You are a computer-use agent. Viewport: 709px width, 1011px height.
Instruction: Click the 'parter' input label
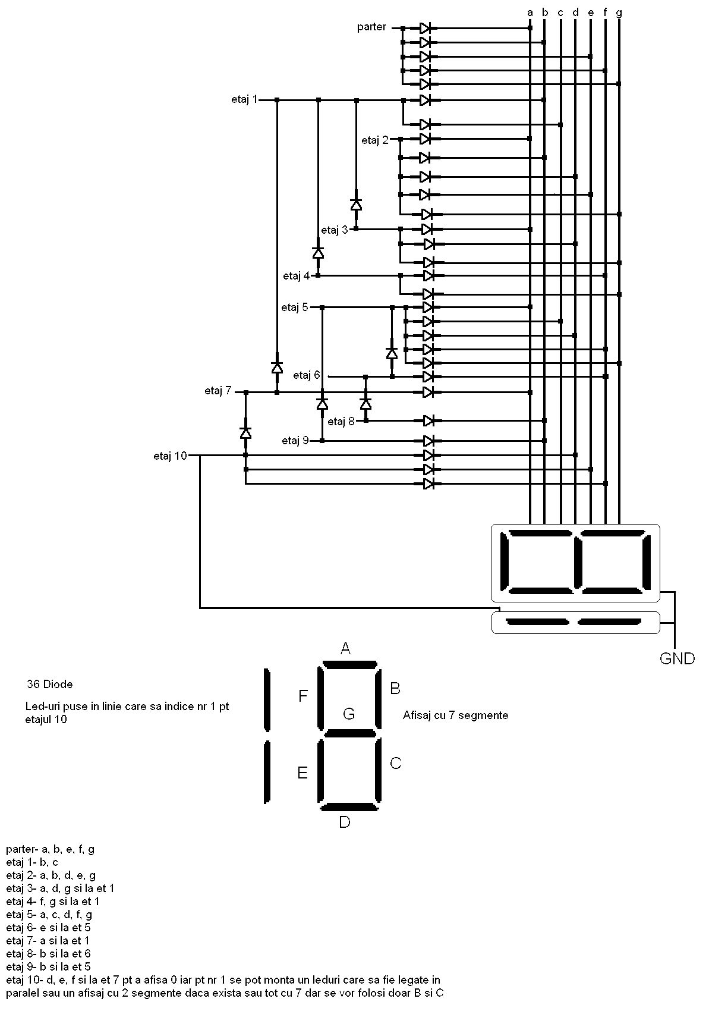tap(371, 27)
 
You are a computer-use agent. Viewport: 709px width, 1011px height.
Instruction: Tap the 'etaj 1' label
tap(244, 99)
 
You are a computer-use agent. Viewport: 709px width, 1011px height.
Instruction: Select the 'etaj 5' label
tap(295, 307)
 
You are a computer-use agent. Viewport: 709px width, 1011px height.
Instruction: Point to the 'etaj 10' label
tap(170, 456)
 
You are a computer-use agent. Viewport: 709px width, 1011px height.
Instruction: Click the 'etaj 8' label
tap(341, 422)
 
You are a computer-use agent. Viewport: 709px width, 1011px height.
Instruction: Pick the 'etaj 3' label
tap(335, 230)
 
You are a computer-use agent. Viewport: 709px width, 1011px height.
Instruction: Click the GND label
tap(677, 658)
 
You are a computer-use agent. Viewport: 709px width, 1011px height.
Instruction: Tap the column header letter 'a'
tap(530, 11)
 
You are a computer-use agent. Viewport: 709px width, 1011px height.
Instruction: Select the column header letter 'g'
tap(619, 11)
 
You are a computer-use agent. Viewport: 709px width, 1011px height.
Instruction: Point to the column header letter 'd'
tap(575, 11)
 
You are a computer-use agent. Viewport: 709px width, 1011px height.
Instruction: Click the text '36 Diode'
tap(50, 685)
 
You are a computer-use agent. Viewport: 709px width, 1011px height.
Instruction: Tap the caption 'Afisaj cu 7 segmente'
tap(455, 715)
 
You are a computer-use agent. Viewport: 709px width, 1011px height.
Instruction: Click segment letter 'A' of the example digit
tap(345, 649)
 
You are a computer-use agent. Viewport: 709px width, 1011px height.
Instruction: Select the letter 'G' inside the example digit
tap(349, 714)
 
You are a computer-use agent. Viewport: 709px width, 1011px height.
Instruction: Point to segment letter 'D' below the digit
tap(345, 822)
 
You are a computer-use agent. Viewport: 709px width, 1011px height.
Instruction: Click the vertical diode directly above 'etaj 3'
tap(356, 205)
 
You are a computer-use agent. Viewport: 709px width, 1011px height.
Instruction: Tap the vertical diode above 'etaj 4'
tap(318, 252)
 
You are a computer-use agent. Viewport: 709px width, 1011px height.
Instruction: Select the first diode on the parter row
tap(426, 28)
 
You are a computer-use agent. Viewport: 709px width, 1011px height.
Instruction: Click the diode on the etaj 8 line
tap(430, 421)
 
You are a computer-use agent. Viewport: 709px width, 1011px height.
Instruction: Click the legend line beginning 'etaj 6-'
tap(49, 927)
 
